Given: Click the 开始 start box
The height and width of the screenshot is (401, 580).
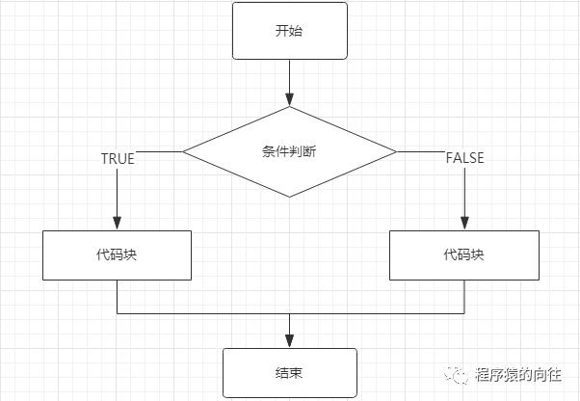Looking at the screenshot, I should click(289, 29).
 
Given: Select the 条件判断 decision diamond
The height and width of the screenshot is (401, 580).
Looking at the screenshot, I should click(289, 151).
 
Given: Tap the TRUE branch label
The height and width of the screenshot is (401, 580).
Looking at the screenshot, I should click(118, 158).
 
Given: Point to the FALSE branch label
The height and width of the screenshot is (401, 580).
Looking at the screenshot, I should click(464, 158).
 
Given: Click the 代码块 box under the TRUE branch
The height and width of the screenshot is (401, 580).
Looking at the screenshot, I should click(117, 255).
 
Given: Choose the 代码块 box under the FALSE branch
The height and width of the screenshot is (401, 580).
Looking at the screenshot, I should click(463, 255).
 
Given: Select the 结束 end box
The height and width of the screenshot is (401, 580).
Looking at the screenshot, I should click(289, 372).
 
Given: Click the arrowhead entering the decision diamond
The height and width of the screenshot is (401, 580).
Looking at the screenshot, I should click(289, 99).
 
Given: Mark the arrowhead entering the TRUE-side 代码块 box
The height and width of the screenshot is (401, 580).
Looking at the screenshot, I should click(117, 224).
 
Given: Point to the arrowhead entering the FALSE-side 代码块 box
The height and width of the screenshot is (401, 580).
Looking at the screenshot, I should click(463, 224).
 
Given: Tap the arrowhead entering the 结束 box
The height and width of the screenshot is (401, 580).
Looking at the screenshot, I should click(289, 342).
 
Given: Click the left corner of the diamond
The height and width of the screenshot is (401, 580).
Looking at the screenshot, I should click(185, 151).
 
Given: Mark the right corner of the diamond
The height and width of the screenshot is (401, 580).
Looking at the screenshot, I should click(395, 151).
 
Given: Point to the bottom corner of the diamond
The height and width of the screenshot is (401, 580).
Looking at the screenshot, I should click(289, 197).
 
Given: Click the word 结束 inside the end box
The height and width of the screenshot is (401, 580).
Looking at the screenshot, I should click(289, 372).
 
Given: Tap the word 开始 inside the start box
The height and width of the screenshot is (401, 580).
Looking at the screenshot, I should click(289, 29).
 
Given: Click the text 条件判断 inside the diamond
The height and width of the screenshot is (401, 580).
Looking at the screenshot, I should click(289, 151).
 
